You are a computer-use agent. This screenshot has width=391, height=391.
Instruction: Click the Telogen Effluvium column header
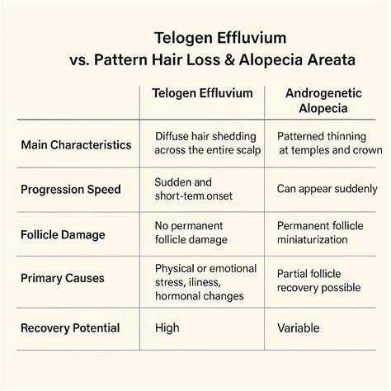(x=202, y=93)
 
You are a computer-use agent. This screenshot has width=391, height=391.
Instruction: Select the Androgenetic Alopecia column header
(x=323, y=101)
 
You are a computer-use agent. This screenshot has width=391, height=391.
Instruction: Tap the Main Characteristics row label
(x=75, y=145)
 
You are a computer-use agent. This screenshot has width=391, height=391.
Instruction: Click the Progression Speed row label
(x=70, y=189)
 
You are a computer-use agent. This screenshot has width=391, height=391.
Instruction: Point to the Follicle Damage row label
(x=62, y=234)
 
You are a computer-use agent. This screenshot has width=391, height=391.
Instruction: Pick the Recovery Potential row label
(x=69, y=328)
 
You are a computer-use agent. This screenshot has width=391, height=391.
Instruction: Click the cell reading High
(x=167, y=328)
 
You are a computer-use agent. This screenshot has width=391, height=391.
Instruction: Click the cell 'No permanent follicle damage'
(x=196, y=233)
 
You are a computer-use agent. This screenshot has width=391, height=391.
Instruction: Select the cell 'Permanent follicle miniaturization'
(x=324, y=233)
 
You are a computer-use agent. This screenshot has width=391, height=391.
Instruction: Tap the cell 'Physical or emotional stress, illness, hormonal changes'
(x=205, y=281)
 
